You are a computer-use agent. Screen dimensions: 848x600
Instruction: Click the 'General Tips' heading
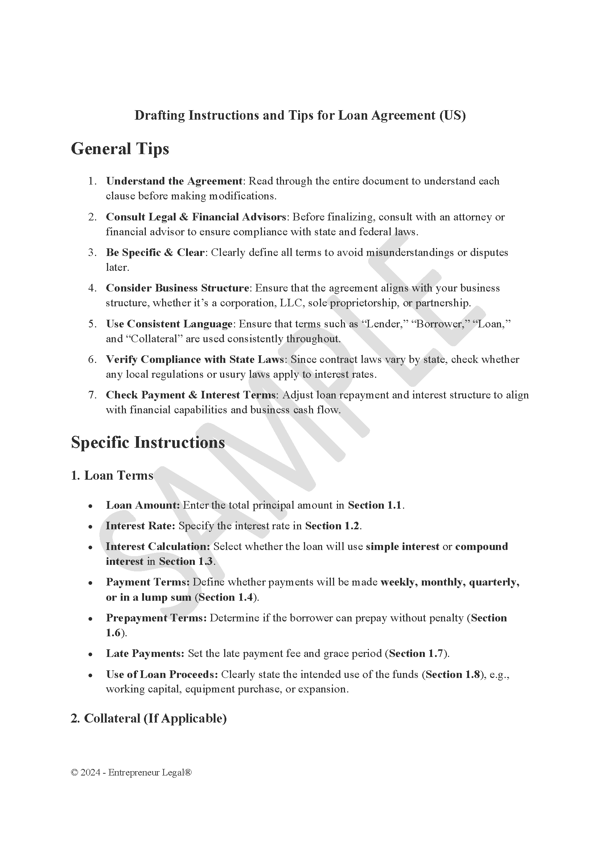coord(120,149)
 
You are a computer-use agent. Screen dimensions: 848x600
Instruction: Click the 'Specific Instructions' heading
coord(148,442)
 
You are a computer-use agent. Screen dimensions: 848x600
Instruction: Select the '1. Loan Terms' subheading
coord(112,475)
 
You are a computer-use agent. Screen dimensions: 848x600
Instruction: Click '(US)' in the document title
coord(453,115)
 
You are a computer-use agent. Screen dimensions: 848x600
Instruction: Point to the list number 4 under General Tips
coord(92,288)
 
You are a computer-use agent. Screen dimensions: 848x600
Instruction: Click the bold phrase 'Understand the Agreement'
coord(174,181)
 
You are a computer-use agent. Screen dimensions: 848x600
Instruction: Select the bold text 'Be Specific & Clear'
coord(155,253)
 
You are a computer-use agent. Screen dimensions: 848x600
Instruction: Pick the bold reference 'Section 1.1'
coord(374,505)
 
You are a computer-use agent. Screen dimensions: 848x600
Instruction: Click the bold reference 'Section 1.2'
coord(332,526)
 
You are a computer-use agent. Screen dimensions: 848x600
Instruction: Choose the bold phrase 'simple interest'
coord(402,547)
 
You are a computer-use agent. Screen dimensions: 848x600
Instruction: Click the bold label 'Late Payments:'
coord(145,654)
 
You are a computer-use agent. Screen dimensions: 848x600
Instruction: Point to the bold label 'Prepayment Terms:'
coord(156,618)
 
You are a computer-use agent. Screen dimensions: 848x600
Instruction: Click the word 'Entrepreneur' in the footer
coord(128,773)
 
